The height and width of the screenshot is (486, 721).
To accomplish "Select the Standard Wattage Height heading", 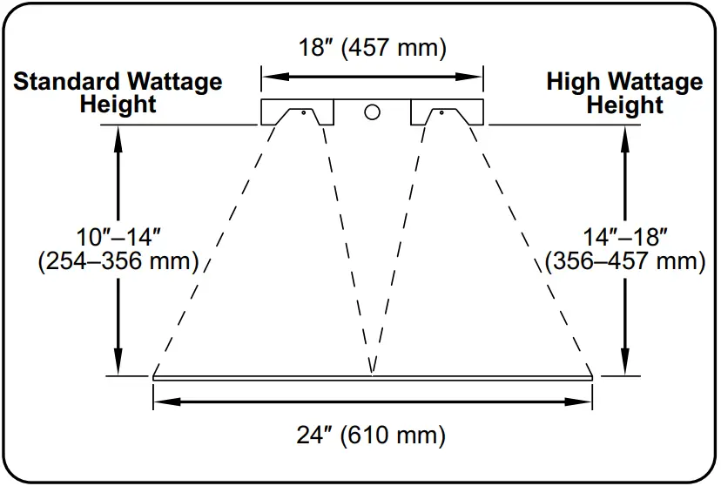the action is pyautogui.click(x=118, y=93).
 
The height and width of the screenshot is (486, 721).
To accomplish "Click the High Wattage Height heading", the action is pyautogui.click(x=624, y=93).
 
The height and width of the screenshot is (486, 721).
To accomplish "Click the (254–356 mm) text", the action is pyautogui.click(x=119, y=260).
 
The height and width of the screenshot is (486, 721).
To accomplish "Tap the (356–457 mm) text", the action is pyautogui.click(x=624, y=260).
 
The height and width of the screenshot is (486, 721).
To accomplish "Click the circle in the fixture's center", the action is pyautogui.click(x=372, y=111).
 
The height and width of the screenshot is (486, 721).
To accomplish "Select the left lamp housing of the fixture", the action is pyautogui.click(x=298, y=112).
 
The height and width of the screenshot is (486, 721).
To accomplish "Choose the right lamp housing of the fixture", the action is pyautogui.click(x=446, y=112).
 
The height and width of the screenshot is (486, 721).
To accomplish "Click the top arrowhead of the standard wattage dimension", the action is pyautogui.click(x=119, y=135).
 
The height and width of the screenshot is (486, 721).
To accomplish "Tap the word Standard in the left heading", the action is pyautogui.click(x=66, y=83).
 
